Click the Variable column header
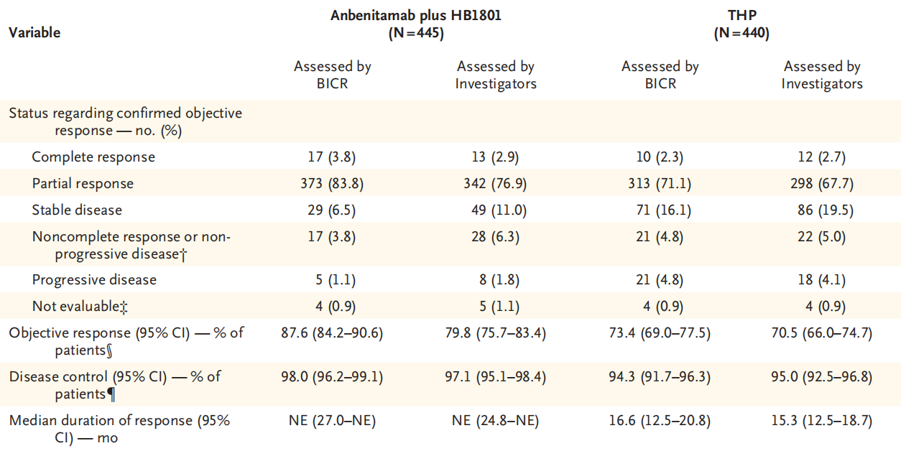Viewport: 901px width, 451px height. coord(34,32)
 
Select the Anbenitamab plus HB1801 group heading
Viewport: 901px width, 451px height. coord(416,24)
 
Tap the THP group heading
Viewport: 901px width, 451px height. coord(741,24)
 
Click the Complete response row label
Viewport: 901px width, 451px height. coord(93,157)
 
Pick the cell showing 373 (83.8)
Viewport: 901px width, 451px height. coord(332,183)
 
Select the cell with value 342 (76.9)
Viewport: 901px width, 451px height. coord(495,183)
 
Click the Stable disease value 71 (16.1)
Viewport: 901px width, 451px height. coord(660,210)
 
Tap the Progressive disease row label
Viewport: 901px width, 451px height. coord(94,280)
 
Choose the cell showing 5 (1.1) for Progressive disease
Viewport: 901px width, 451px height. coord(336,280)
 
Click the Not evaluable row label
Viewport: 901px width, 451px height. coord(80,307)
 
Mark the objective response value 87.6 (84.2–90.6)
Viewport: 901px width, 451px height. coord(332,333)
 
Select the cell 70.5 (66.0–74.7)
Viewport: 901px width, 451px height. coord(822,333)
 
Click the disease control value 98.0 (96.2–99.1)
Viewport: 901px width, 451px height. coord(332,376)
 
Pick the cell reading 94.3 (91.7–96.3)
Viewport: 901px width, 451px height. coord(660,376)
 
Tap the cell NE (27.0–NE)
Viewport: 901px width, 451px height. coord(332,420)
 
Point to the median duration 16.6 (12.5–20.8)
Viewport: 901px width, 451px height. coord(660,420)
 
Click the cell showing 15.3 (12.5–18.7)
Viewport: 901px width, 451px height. coord(822,420)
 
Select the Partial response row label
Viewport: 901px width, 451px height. coord(83,183)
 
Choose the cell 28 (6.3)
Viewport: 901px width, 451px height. coord(495,236)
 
